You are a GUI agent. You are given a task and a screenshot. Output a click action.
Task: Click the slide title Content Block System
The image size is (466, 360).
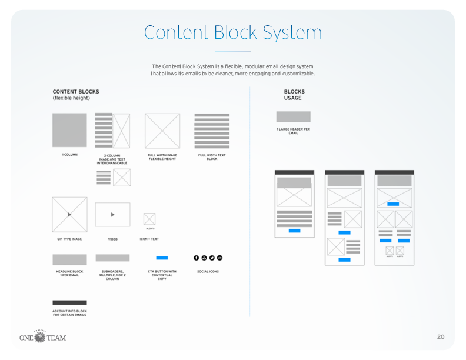coord(232,32)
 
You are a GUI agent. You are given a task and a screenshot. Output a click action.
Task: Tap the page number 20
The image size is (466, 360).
coord(441,337)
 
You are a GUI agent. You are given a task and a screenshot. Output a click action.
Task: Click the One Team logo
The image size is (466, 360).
coord(42,337)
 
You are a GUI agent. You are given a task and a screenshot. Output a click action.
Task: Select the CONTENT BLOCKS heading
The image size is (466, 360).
coord(76,92)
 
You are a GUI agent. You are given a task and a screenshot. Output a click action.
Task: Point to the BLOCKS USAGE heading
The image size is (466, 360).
coord(294,95)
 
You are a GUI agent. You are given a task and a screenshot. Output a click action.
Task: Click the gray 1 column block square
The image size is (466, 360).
coord(69,130)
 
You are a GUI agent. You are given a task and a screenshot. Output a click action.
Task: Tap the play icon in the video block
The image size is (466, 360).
coord(113,215)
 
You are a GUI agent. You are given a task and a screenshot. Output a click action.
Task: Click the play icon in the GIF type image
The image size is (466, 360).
coord(69,215)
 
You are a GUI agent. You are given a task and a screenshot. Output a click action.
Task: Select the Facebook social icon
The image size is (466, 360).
coord(197,258)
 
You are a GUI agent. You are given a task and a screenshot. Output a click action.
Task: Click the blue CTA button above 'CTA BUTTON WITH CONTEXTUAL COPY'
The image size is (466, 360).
coord(162,258)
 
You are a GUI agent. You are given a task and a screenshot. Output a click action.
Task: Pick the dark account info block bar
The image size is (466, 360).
coord(69,302)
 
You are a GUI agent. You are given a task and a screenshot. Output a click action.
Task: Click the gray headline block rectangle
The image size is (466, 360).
coord(69,259)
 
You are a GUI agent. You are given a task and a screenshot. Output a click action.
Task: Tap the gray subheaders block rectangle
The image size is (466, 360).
coord(112,258)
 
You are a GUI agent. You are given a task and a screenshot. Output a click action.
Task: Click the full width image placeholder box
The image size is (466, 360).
coord(162,131)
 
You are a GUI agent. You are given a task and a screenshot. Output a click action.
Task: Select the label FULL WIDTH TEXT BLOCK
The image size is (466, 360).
coord(212,157)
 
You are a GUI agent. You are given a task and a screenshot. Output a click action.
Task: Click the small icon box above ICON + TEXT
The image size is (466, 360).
coord(149,219)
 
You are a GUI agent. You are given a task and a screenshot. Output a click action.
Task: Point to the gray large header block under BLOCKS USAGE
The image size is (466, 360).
coord(293,116)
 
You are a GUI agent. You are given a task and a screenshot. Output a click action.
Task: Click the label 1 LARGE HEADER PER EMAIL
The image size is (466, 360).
coord(293,131)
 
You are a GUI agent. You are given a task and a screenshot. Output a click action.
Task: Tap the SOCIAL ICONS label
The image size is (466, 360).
coord(208,272)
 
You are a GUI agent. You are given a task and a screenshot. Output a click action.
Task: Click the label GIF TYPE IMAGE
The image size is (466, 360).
coord(69,239)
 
